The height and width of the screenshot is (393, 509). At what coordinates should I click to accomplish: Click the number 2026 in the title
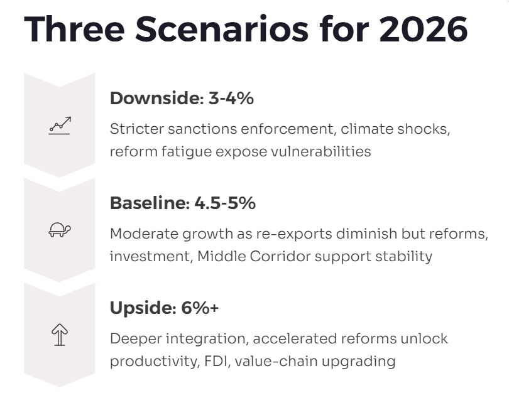click(x=424, y=29)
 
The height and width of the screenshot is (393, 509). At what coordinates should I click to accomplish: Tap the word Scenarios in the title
click(x=222, y=29)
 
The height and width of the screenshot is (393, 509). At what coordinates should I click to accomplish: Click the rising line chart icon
click(x=60, y=126)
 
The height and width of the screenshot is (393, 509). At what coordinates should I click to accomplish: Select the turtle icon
click(x=60, y=230)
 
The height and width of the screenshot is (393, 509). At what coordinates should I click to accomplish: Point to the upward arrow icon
click(x=60, y=335)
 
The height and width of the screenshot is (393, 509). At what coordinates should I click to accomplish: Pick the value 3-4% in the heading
click(x=231, y=98)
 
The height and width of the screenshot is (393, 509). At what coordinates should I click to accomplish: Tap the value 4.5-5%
click(x=225, y=203)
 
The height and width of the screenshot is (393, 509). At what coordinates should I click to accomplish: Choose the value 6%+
click(x=200, y=308)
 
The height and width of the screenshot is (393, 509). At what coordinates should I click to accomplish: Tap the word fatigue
click(x=187, y=152)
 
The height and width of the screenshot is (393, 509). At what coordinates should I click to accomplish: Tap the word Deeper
click(x=136, y=339)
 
